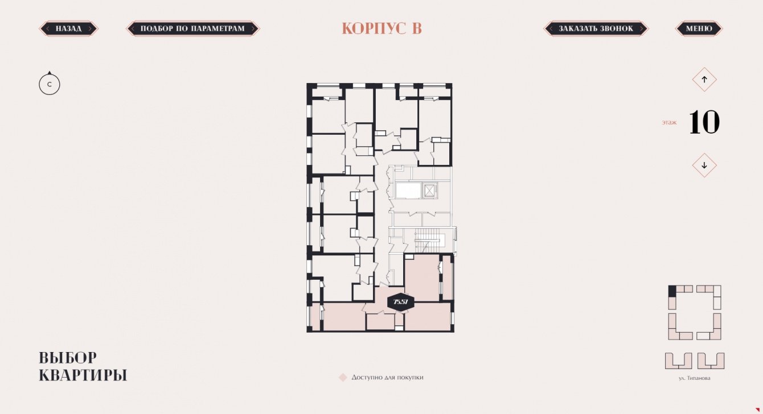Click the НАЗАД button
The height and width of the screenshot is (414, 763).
click(69, 28)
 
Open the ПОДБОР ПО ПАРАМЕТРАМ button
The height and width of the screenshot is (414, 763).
click(193, 28)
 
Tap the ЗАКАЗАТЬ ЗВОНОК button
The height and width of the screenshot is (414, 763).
click(596, 28)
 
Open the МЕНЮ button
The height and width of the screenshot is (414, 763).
click(699, 28)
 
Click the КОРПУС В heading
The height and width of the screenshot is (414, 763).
click(382, 28)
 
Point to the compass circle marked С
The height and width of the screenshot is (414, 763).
click(50, 84)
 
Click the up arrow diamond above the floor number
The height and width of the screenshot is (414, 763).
click(704, 80)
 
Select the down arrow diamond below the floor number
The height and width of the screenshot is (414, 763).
click(704, 165)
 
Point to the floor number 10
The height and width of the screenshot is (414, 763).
click(704, 122)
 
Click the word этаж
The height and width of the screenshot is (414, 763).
click(669, 122)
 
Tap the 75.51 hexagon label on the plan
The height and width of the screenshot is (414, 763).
click(401, 302)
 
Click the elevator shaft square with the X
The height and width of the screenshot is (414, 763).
click(429, 191)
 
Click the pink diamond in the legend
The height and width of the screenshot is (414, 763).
click(343, 377)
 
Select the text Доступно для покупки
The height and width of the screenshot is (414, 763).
click(387, 377)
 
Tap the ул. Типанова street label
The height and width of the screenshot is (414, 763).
click(694, 378)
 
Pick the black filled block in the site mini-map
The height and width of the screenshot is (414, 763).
click(672, 291)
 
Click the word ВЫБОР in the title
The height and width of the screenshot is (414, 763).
click(68, 358)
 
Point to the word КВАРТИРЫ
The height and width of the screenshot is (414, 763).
click(83, 375)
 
